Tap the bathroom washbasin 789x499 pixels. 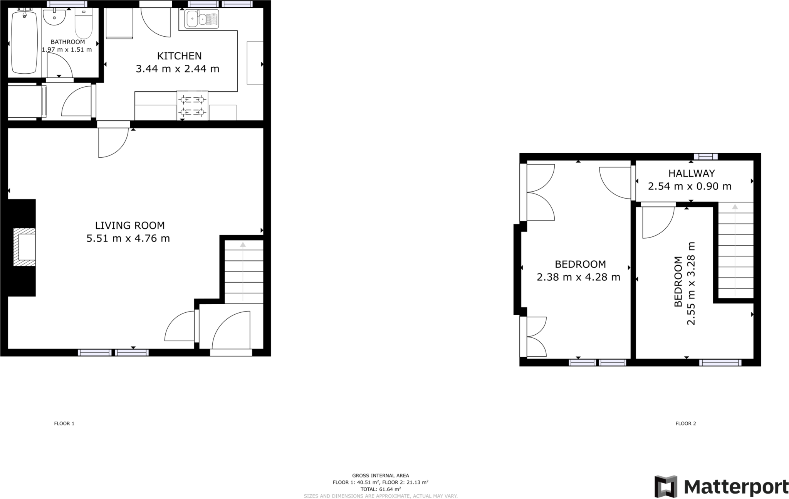pyautogui.click(x=54, y=17)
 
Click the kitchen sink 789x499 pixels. pyautogui.click(x=201, y=19)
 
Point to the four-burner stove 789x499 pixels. pyautogui.click(x=192, y=106)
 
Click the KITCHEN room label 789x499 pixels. pyautogui.click(x=179, y=56)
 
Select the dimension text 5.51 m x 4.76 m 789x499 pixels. pyautogui.click(x=128, y=238)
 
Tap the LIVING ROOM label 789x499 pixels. pyautogui.click(x=130, y=225)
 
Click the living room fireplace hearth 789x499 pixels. pyautogui.click(x=24, y=247)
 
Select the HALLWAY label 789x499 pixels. pyautogui.click(x=692, y=173)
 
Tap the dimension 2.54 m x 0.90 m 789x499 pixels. pyautogui.click(x=690, y=186)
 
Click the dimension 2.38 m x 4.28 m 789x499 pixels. pyautogui.click(x=578, y=277)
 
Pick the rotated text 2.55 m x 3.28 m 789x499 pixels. pyautogui.click(x=691, y=283)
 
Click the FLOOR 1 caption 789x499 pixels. pyautogui.click(x=64, y=423)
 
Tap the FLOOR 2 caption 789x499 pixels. pyautogui.click(x=686, y=423)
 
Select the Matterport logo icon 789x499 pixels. pyautogui.click(x=666, y=486)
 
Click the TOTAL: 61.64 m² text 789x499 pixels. pyautogui.click(x=380, y=489)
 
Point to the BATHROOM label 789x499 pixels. pyautogui.click(x=68, y=42)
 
